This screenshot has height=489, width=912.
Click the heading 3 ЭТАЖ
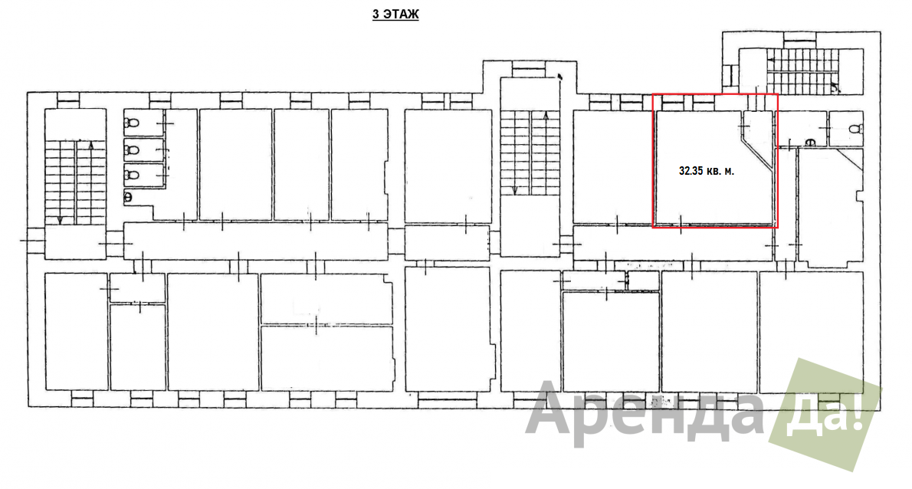[395, 14]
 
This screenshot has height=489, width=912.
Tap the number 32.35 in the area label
[691, 171]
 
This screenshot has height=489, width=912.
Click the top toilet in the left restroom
[132, 123]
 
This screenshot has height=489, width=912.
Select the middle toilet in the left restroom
[132, 150]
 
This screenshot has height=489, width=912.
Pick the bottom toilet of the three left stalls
[132, 175]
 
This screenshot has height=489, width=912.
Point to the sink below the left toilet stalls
[128, 197]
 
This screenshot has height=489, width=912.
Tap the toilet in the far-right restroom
[855, 129]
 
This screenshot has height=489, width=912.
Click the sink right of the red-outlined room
[809, 142]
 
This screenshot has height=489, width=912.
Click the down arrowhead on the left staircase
[60, 221]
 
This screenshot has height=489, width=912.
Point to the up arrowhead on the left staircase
[90, 145]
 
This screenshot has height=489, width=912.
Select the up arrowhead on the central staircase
[546, 117]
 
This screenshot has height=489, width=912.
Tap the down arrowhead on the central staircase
[515, 190]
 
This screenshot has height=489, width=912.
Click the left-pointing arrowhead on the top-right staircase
[771, 59]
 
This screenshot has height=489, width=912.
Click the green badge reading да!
[825, 414]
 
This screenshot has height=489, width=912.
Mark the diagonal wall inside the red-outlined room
[756, 153]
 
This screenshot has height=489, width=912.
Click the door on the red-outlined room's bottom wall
[681, 224]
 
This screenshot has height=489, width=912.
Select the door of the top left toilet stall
[165, 123]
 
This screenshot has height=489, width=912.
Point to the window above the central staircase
[529, 71]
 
